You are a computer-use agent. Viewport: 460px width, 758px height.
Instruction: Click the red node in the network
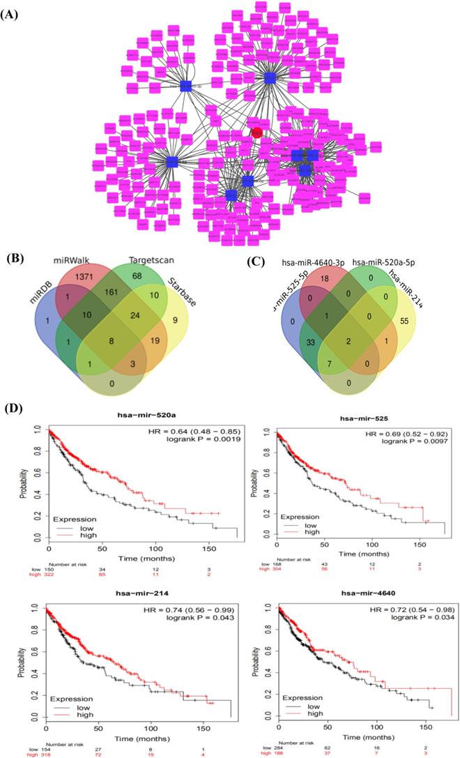click(256, 132)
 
